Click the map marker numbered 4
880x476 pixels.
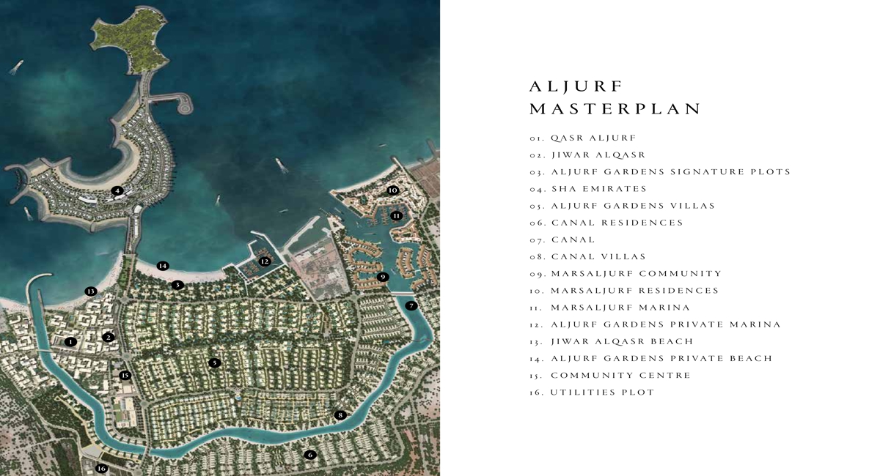click(x=117, y=190)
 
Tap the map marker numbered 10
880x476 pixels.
click(x=392, y=190)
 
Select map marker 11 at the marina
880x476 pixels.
click(x=397, y=216)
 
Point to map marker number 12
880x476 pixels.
click(x=265, y=261)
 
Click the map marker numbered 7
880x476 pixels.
click(x=411, y=305)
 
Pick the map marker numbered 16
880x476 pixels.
click(x=101, y=469)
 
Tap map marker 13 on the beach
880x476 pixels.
click(x=91, y=291)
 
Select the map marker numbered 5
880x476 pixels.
click(x=214, y=362)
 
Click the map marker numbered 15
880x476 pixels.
click(x=125, y=376)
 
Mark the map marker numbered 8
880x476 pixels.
click(x=340, y=415)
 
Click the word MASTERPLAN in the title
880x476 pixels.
click(x=615, y=109)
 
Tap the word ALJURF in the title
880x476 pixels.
click(x=576, y=86)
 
